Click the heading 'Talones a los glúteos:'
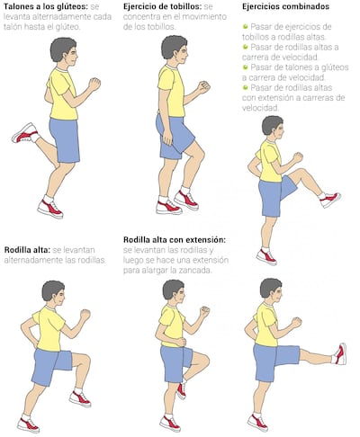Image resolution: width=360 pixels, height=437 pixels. [46, 6]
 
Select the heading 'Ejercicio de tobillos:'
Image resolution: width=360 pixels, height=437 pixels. [162, 6]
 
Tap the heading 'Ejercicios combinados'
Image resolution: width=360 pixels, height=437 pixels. [285, 6]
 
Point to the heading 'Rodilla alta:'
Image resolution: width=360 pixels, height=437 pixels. [27, 250]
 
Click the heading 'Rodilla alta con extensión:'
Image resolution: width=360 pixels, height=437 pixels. [175, 240]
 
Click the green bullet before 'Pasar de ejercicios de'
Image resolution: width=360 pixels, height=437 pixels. [246, 26]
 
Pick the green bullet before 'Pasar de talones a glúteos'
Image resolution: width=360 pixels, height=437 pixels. [246, 67]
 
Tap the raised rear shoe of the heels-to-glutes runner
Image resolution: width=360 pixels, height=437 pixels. [25, 133]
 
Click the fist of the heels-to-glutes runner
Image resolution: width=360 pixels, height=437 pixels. [94, 84]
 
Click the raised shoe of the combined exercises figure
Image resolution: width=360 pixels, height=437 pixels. [330, 200]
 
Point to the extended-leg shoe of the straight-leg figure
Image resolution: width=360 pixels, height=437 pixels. [340, 354]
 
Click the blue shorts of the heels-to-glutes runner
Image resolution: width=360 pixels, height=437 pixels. [65, 140]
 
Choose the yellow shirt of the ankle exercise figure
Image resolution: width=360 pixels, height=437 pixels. [171, 91]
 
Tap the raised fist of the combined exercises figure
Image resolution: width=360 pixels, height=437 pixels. [298, 157]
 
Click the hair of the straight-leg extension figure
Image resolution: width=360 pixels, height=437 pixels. [269, 287]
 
